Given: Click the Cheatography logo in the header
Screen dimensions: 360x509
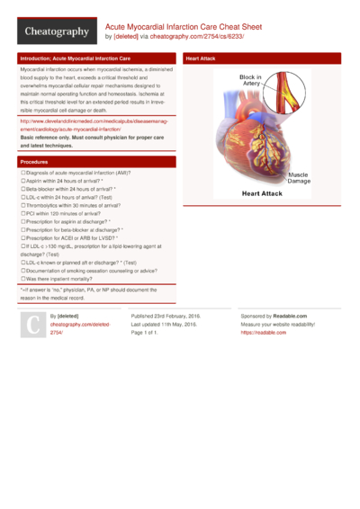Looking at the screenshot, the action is coord(56,31).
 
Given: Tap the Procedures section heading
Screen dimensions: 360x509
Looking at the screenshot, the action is coord(34,161).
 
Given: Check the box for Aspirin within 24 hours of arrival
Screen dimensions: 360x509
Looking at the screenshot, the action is coord(23,181).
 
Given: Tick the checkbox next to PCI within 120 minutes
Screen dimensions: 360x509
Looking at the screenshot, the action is coord(23,214).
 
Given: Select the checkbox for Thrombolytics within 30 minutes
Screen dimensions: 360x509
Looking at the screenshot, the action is coord(23,206).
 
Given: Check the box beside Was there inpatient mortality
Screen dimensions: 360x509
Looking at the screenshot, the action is coord(23,279).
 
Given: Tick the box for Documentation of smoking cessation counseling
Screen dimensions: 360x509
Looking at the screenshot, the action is coord(23,271).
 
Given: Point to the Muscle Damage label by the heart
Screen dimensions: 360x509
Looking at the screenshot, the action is coord(298,177).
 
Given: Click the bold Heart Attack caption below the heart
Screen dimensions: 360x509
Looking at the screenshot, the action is coord(262,193).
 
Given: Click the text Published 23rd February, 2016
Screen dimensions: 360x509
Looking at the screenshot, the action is coord(166,317).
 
